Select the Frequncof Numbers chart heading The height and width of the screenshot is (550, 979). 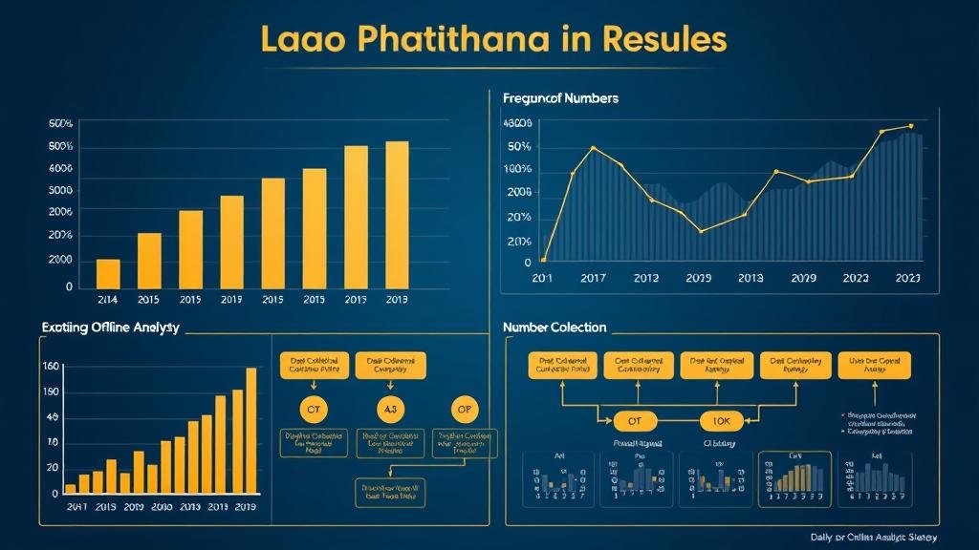[560, 98]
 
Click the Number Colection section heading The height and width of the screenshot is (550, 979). [555, 328]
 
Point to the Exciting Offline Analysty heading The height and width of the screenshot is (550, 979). [110, 328]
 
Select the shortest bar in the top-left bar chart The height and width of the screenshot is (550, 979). [108, 273]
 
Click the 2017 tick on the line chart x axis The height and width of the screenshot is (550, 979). [593, 278]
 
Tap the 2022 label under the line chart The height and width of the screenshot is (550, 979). [856, 278]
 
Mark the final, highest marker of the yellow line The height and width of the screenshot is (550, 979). [911, 126]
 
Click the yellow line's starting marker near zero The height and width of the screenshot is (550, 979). [543, 260]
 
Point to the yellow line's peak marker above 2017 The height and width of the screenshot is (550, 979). [594, 148]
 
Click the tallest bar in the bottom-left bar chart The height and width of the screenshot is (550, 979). [251, 430]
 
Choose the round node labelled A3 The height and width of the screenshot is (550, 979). [390, 410]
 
